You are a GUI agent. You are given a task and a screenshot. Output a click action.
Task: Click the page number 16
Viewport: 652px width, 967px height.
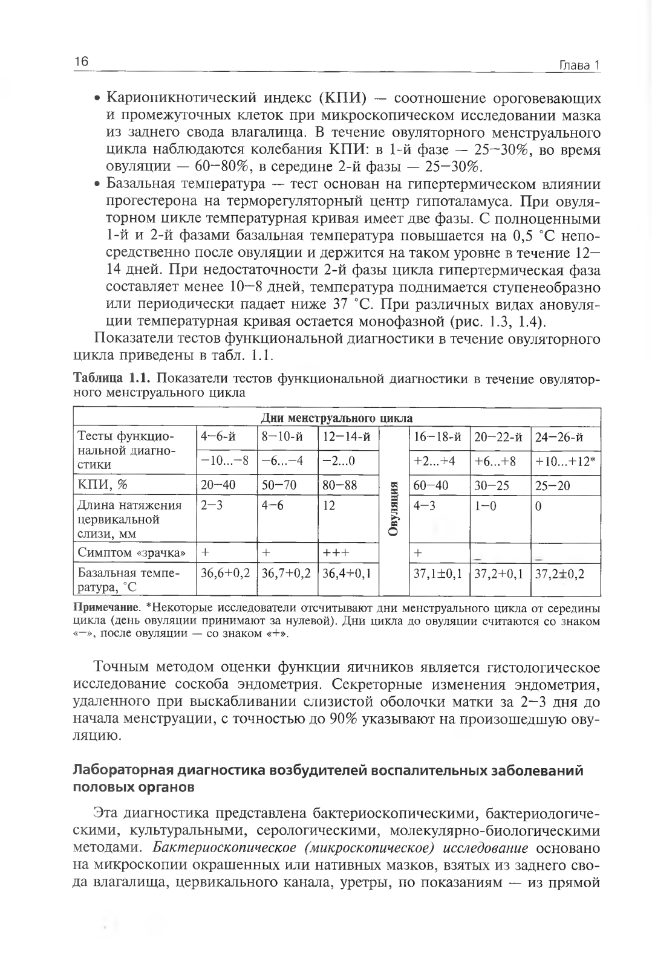click(81, 62)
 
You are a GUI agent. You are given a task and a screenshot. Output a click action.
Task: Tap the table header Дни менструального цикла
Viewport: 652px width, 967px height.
click(336, 418)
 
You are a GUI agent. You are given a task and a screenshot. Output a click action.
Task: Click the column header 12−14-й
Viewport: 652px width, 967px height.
click(346, 437)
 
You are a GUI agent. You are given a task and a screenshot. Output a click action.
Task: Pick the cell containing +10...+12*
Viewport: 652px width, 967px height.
click(565, 462)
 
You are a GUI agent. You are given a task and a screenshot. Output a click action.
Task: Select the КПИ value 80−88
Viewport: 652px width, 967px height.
click(339, 485)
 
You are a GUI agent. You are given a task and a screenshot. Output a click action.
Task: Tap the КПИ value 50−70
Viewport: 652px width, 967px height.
click(279, 485)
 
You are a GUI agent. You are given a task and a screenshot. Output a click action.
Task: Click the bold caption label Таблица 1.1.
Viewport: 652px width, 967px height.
click(111, 379)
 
